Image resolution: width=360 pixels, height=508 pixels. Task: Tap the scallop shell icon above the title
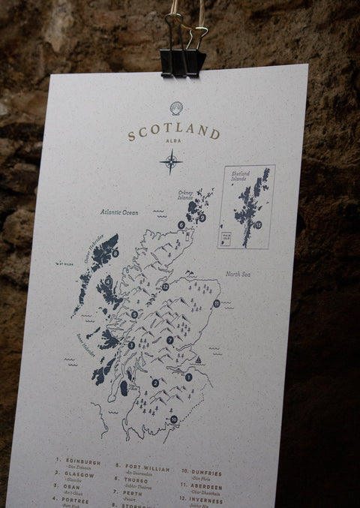pos(176,108)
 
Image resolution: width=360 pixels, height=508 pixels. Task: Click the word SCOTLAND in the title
pos(173,134)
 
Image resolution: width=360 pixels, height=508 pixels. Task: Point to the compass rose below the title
pos(171,161)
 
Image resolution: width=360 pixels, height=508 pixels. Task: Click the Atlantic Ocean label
pos(120,212)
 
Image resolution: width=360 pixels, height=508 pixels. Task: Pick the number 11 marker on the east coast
pos(216,303)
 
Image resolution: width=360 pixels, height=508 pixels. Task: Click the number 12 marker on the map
pos(165,287)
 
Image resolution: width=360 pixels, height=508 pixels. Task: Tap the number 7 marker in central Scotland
pos(170,340)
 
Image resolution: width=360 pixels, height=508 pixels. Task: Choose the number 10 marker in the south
pos(174,419)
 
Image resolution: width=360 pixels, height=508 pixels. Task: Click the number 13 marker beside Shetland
pos(258,224)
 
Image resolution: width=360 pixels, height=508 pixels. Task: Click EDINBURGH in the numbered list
pos(82,462)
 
